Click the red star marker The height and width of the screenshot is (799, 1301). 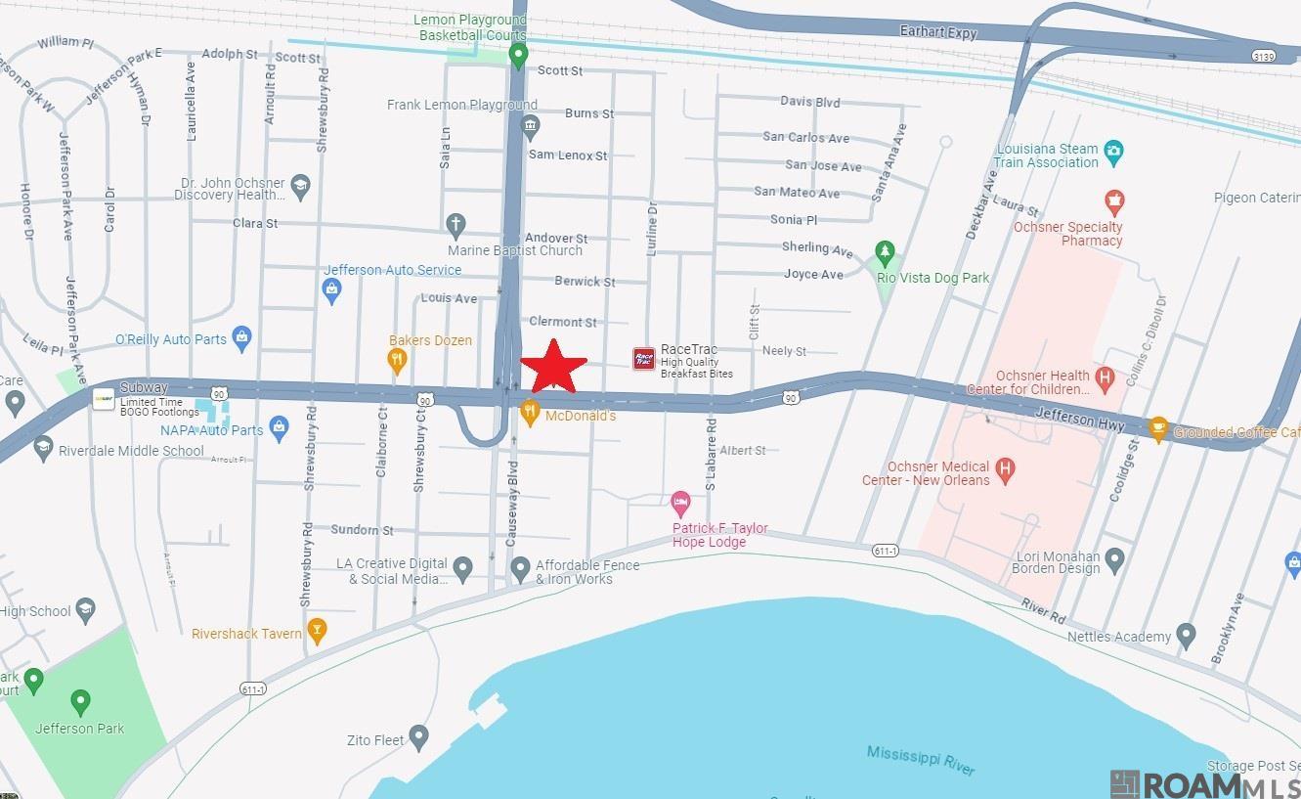tap(553, 367)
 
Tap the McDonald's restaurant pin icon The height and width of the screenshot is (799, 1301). tap(530, 413)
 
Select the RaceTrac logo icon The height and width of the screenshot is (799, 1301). tap(643, 359)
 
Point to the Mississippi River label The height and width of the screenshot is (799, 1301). tap(920, 760)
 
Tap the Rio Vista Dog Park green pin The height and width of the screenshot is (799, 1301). tap(885, 254)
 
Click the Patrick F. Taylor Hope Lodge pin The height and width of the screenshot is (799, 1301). tap(681, 505)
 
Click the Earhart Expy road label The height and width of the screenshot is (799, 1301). tap(937, 32)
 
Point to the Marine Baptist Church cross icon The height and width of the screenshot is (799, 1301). tap(455, 226)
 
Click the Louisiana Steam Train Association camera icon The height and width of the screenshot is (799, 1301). tap(1113, 154)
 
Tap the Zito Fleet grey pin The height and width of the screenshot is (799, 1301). tap(419, 736)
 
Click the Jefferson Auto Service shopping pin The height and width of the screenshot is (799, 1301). tap(332, 289)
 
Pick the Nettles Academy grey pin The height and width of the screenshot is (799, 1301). tap(1186, 636)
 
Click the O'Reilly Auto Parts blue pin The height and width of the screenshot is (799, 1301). tap(242, 338)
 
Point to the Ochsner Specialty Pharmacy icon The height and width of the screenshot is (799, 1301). tap(1113, 203)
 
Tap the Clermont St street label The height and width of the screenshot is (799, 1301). tap(562, 322)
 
